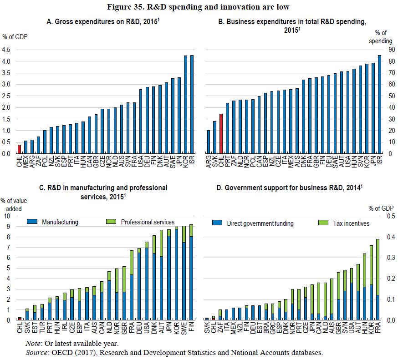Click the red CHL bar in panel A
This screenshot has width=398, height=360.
pos(19,149)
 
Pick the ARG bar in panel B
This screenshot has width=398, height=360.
pos(209,142)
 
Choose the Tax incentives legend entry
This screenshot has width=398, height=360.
pos(351,223)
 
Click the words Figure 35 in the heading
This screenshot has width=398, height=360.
pos(128,6)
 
